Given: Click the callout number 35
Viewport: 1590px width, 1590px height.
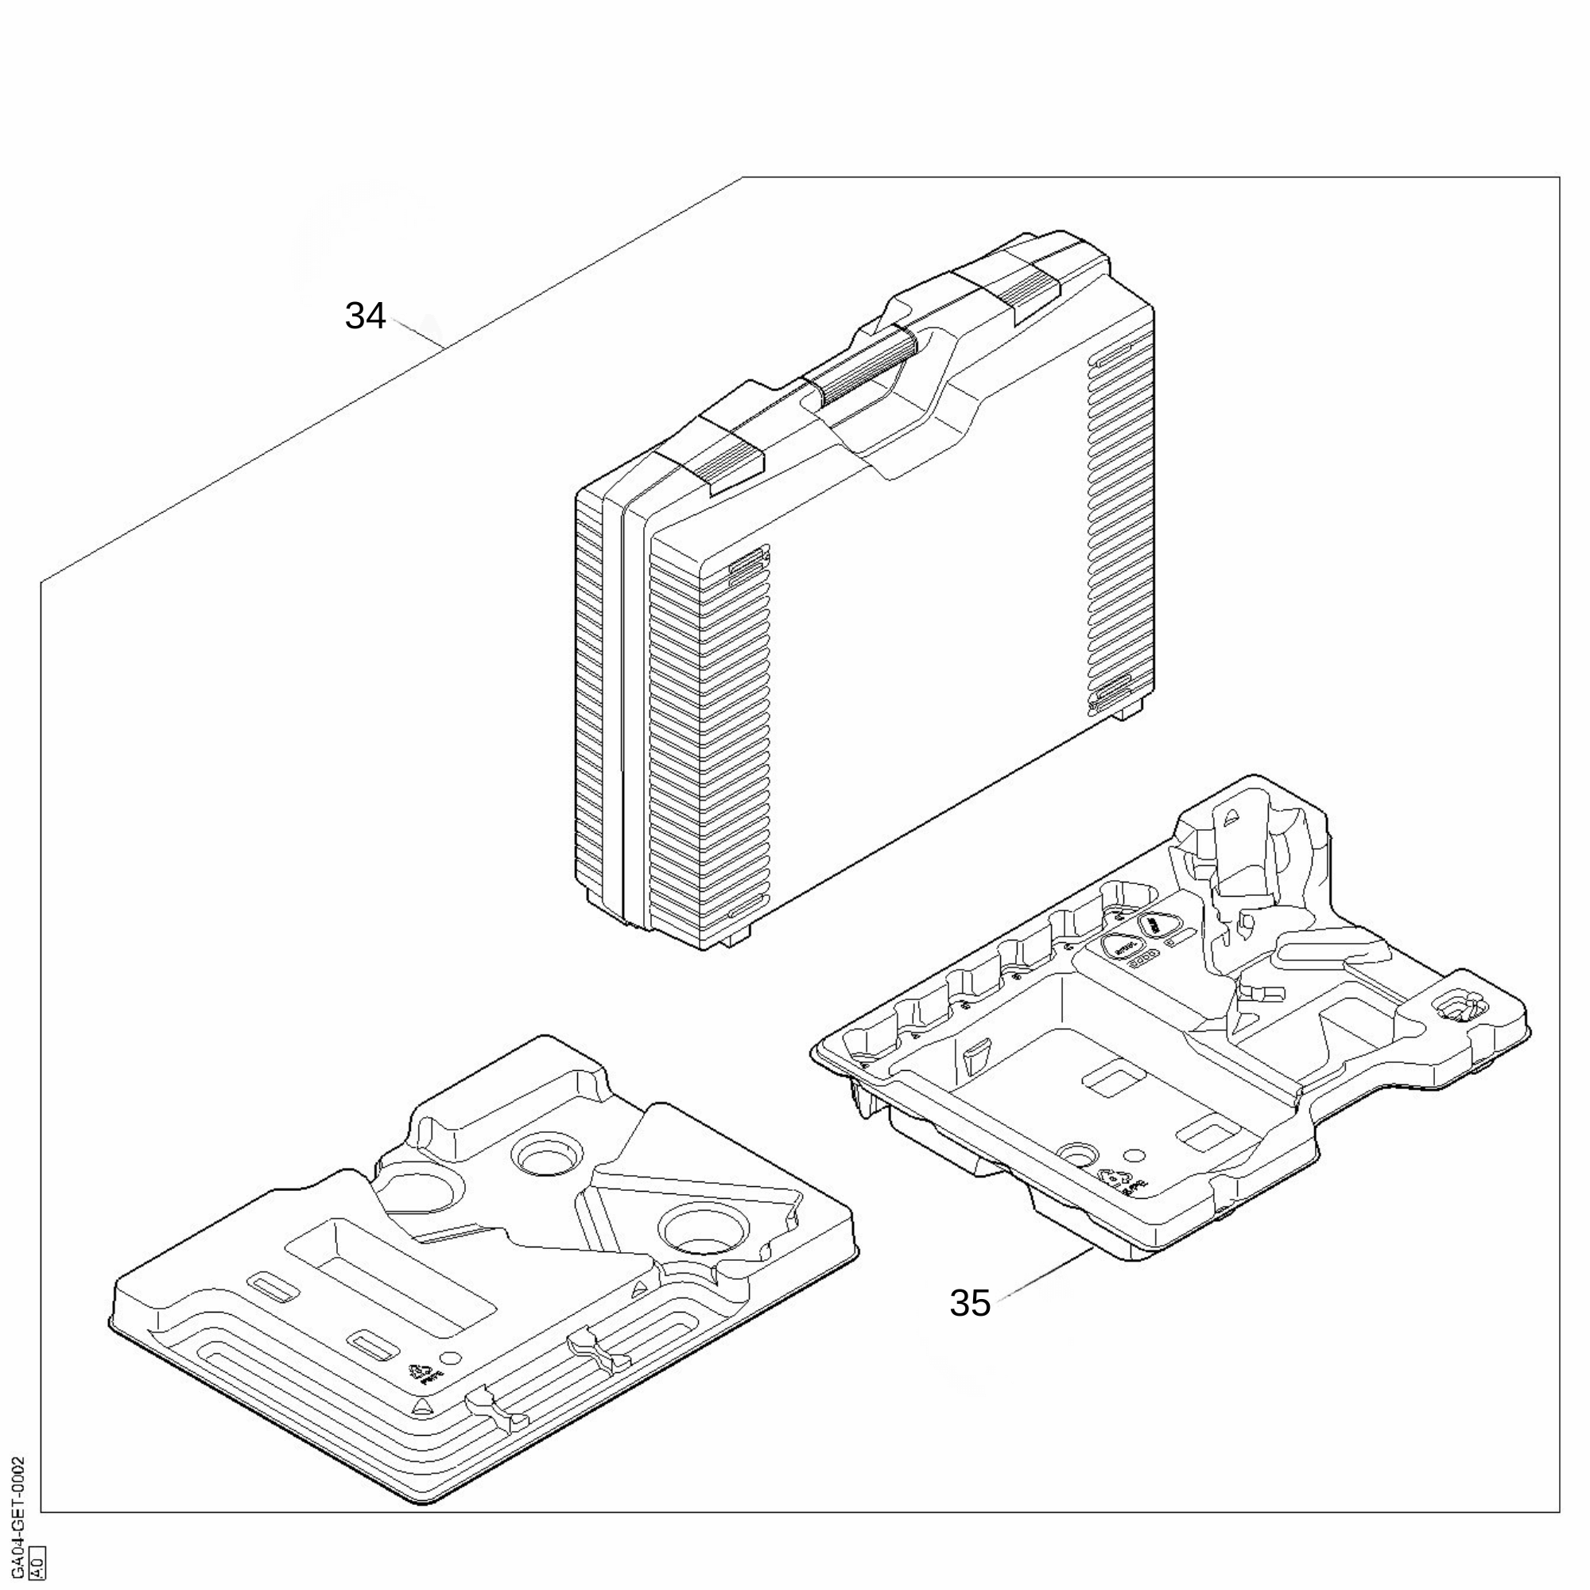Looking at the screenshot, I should (969, 1303).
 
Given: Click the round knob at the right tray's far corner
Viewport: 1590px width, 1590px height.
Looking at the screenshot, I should (1459, 1006).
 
